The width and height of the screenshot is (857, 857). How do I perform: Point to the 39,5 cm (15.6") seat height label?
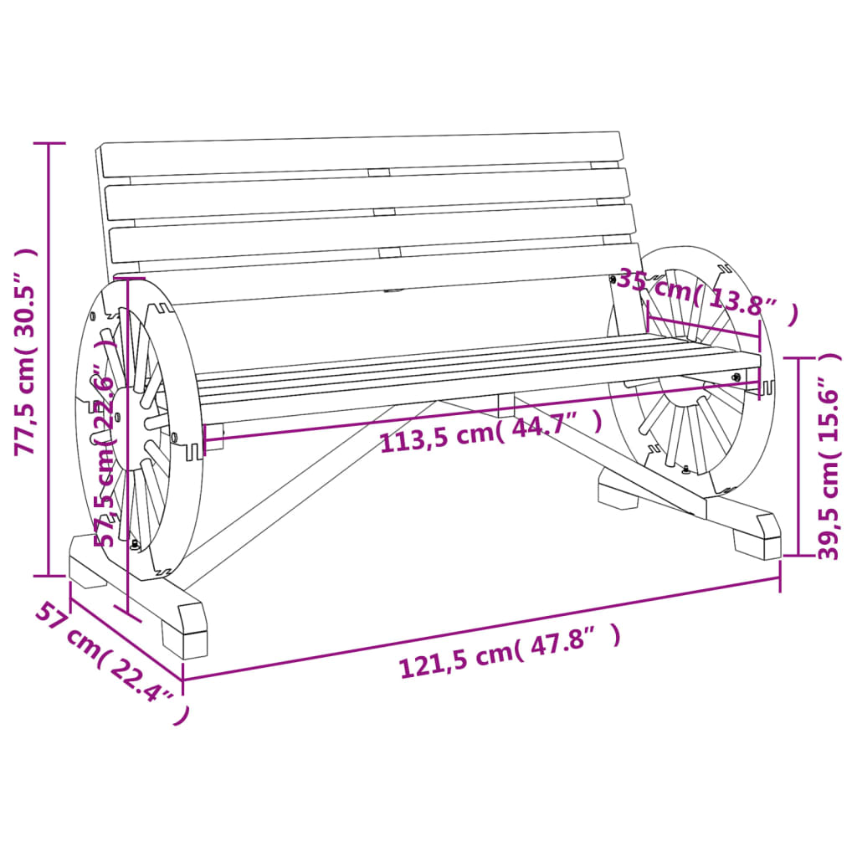tap(829, 456)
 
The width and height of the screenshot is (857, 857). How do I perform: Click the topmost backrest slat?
tap(360, 155)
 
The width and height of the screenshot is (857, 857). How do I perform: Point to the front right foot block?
tap(757, 536)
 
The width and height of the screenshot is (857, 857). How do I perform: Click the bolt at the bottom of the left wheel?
tap(135, 545)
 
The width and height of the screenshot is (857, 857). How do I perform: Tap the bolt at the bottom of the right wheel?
tap(687, 470)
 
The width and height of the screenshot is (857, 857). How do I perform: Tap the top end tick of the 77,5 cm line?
tap(48, 143)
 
